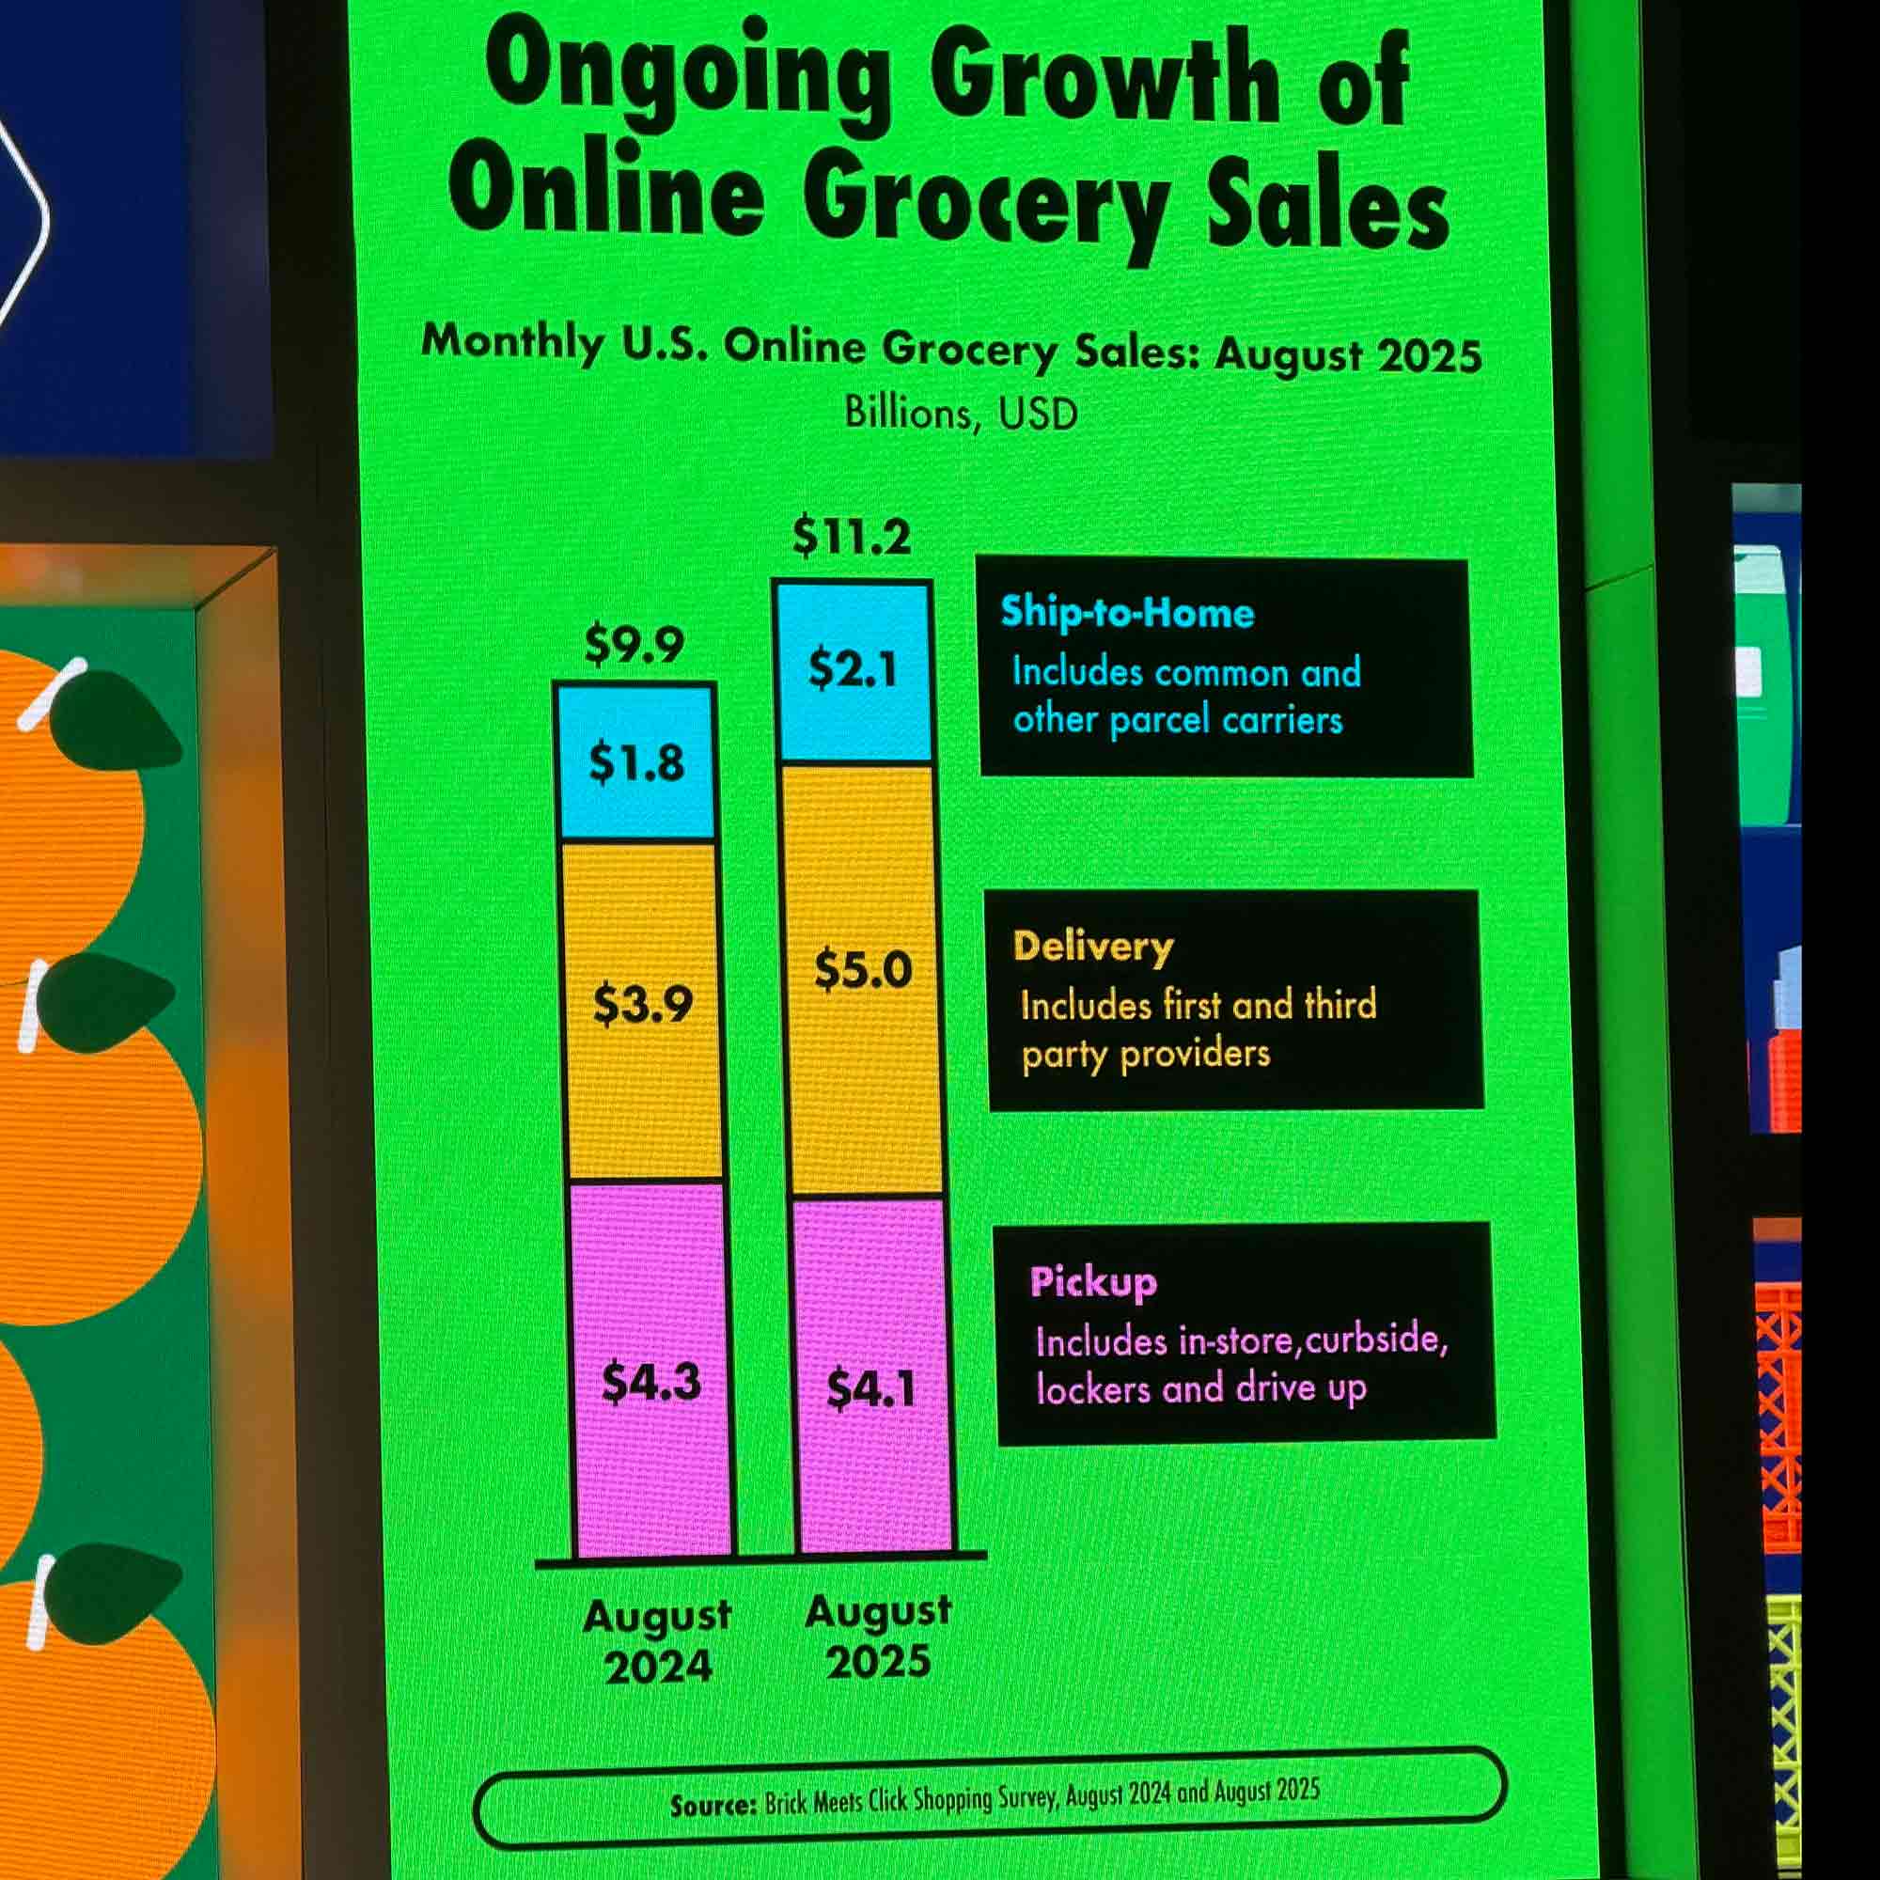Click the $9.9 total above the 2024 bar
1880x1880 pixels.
pyautogui.click(x=634, y=644)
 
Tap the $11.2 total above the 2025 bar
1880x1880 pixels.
pyautogui.click(x=852, y=537)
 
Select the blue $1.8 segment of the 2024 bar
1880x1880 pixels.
pyautogui.click(x=636, y=763)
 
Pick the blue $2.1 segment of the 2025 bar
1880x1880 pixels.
pyautogui.click(x=854, y=669)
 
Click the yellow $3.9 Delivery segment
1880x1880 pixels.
pyautogui.click(x=643, y=1004)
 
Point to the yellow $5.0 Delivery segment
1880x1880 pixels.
pyautogui.click(x=863, y=970)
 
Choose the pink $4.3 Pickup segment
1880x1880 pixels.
pyautogui.click(x=651, y=1382)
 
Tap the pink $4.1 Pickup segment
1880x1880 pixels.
pyautogui.click(x=871, y=1388)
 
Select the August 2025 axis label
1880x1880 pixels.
pyautogui.click(x=879, y=1636)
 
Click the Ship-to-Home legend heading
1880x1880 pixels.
pyautogui.click(x=1127, y=613)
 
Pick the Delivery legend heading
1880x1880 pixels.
pyautogui.click(x=1093, y=947)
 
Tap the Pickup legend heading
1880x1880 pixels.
pyautogui.click(x=1094, y=1282)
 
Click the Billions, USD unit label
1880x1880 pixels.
pyautogui.click(x=961, y=414)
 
